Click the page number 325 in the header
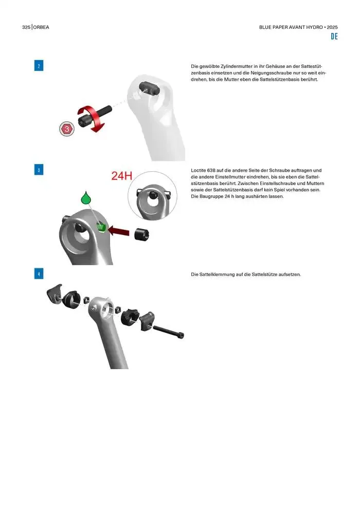[x=26, y=27]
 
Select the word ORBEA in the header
[x=41, y=27]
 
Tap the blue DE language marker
[x=334, y=37]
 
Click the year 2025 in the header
[x=332, y=27]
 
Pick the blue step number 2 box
[x=39, y=66]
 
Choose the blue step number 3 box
[x=39, y=170]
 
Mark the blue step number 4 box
[x=39, y=274]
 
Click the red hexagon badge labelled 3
[x=67, y=129]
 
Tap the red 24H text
[x=122, y=176]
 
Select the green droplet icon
[x=86, y=198]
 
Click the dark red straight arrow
[x=118, y=231]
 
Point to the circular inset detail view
[x=152, y=196]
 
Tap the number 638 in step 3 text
[x=211, y=170]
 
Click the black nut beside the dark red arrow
[x=141, y=234]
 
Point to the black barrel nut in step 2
[x=150, y=87]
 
